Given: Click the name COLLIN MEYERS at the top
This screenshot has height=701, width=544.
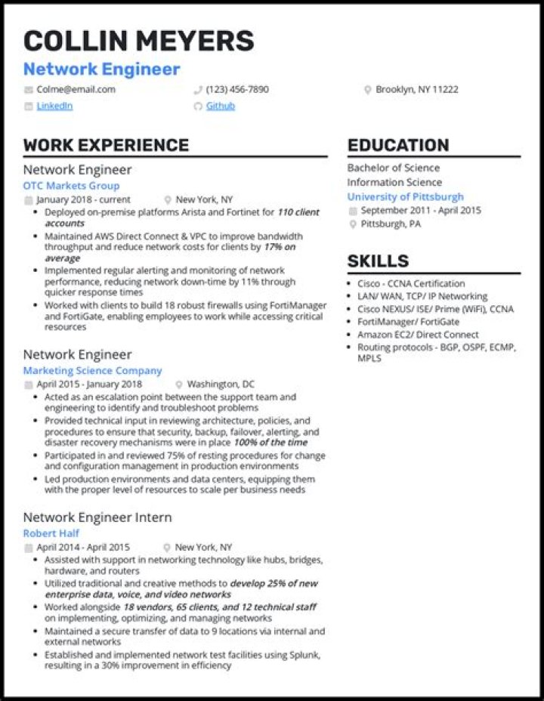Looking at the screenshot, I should pos(138,41).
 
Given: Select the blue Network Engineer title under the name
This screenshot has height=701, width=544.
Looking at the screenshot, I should pos(101,69).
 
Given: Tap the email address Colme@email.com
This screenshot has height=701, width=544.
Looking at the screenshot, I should pos(76,89).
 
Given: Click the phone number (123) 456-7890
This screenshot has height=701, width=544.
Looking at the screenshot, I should pos(236,89).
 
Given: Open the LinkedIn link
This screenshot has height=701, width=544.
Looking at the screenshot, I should pos(54,106).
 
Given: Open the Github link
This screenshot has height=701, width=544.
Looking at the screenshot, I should pos(221,106).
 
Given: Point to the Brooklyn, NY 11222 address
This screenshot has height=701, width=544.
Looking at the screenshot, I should pos(416,89).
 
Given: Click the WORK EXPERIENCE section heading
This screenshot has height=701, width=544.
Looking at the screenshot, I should pos(106,146).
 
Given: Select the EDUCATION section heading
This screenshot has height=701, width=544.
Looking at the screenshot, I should pos(398,146).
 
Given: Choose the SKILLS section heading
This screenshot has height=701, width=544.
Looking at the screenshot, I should pos(378,261).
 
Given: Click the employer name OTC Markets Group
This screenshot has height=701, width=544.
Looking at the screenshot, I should pos(71,186).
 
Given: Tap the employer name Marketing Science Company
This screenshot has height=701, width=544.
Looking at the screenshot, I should pos(92,371).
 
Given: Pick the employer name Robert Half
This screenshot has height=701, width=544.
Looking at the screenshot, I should pos(51,533).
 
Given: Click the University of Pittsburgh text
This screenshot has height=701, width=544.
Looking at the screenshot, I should pos(406,196).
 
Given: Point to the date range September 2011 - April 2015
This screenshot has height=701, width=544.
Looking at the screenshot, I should pos(421,211).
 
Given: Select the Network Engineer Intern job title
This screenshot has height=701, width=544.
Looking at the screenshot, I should pos(97,517).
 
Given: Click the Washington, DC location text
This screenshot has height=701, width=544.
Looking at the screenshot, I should pos(221,384).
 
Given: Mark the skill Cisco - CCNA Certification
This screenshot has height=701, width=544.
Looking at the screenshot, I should pos(412,283).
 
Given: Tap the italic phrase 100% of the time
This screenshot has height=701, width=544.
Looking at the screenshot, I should pos(270,442).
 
